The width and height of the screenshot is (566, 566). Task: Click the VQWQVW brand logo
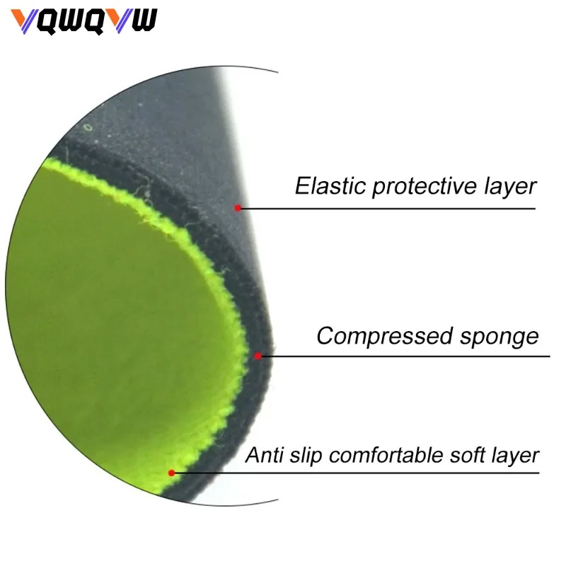83,22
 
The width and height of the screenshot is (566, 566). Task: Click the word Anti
264,454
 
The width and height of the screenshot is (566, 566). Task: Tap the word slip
306,456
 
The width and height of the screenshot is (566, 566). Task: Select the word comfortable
386,454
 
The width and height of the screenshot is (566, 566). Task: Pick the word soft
467,454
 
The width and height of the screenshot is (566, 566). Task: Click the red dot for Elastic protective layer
238,208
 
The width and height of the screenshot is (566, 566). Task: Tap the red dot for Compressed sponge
258,356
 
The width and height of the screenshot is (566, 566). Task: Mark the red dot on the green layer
171,473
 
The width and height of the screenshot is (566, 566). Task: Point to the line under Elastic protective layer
388,208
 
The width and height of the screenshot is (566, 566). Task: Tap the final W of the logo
144,21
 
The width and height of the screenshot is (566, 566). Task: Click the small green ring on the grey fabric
88,127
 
